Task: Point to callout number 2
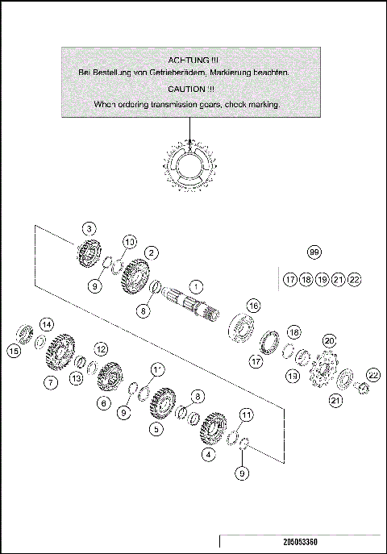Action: point(150,253)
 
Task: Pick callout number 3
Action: point(89,227)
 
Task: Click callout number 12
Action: point(101,349)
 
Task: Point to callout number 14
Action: point(48,324)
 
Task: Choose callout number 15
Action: point(14,350)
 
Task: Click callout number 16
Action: point(254,306)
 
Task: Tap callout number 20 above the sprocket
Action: point(328,341)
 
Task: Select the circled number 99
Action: point(314,252)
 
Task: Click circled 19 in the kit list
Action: point(322,280)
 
